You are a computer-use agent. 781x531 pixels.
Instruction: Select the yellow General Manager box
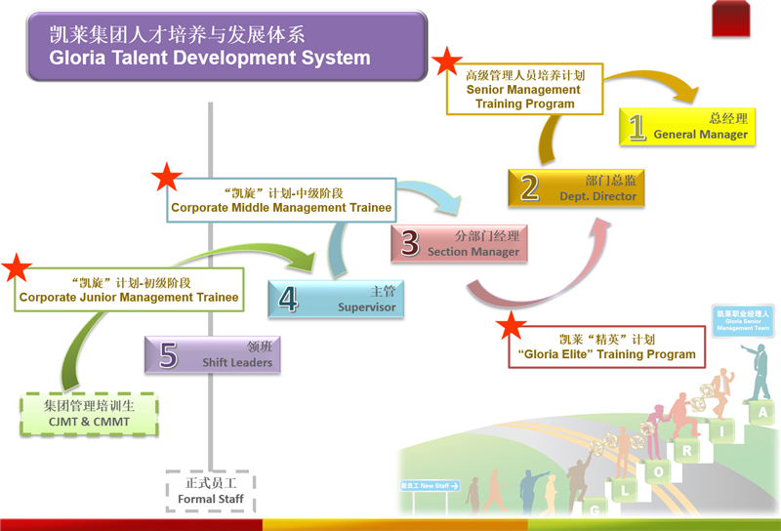point(689,126)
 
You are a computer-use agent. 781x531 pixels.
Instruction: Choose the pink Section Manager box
point(460,243)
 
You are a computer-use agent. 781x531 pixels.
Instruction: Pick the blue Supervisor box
point(338,299)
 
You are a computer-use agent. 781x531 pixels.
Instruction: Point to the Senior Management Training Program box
point(524,89)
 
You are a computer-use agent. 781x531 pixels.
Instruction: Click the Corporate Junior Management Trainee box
point(128,290)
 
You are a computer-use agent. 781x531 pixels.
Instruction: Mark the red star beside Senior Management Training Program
point(447,62)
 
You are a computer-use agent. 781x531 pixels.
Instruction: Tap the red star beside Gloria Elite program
point(512,329)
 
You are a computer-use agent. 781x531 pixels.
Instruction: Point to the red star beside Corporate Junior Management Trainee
point(18,268)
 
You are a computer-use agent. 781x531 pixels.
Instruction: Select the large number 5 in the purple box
point(168,355)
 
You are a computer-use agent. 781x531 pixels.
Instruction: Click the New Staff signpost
point(430,485)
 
